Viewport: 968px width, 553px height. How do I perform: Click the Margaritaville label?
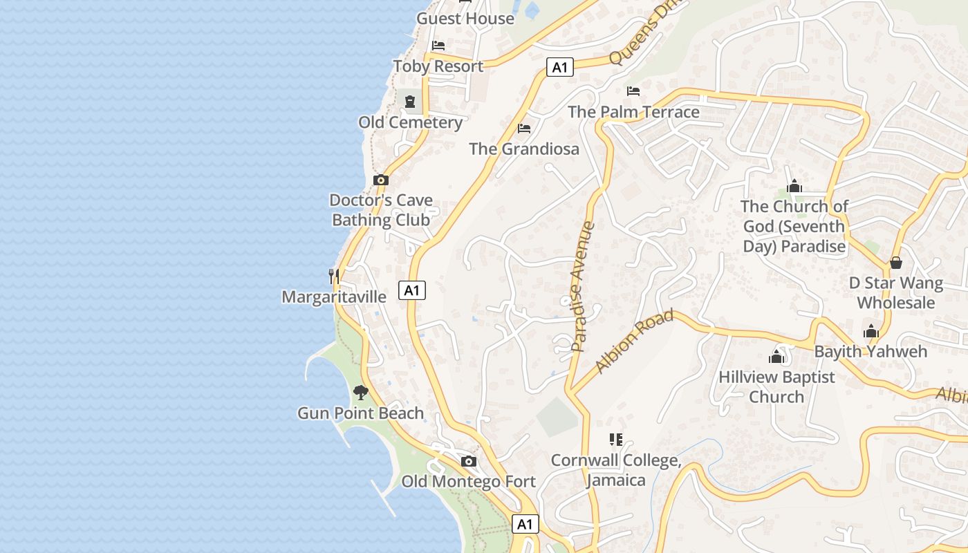click(334, 297)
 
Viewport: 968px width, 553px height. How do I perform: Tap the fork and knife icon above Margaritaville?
click(334, 276)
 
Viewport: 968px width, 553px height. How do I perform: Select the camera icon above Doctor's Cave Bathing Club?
click(380, 180)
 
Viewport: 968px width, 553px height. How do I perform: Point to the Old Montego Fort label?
click(468, 481)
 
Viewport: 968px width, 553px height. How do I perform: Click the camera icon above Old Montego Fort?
click(469, 461)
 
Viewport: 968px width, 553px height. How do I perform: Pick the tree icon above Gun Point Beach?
click(360, 393)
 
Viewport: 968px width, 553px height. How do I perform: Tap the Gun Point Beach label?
click(360, 413)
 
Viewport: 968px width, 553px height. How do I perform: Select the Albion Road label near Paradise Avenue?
click(634, 341)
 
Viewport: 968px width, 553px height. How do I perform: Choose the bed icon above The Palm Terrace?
click(633, 91)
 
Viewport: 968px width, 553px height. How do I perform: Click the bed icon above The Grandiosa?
click(524, 129)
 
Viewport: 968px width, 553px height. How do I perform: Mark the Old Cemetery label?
click(410, 122)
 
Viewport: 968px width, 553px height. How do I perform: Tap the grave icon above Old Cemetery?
click(410, 102)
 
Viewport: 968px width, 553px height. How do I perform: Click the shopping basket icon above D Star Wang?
click(896, 263)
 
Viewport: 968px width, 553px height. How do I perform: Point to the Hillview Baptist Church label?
click(776, 386)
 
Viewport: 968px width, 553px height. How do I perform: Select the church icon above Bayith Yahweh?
click(871, 331)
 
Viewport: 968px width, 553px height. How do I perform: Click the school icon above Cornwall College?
click(616, 440)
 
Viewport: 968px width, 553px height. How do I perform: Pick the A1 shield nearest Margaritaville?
click(411, 290)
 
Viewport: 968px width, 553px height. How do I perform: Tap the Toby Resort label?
click(438, 66)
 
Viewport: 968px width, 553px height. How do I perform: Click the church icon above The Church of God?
click(794, 186)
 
